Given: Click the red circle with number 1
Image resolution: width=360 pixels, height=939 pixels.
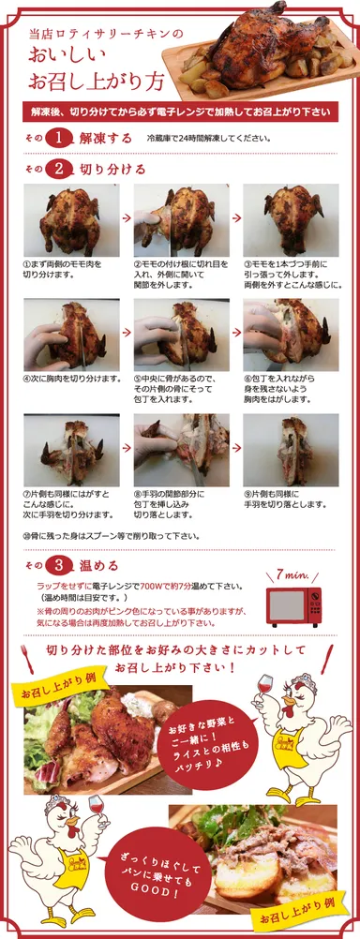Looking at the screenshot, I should click(x=59, y=138).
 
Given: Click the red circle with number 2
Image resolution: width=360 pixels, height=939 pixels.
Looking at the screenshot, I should click(x=59, y=170).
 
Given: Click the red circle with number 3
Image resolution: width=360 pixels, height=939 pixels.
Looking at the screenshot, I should click(x=59, y=565).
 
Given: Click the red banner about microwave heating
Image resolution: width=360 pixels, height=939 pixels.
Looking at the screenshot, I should click(x=179, y=112).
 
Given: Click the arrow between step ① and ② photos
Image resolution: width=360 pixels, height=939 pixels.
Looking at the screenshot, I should click(x=126, y=217).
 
